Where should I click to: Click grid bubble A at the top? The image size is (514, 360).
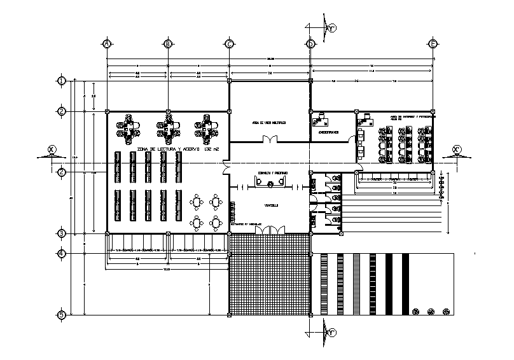[x=107, y=43]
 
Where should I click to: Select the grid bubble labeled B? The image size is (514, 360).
[x=168, y=43]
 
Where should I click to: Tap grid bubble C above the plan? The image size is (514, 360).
[x=228, y=43]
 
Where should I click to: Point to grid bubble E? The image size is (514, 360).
[x=433, y=43]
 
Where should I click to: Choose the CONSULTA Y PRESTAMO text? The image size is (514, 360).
[x=272, y=173]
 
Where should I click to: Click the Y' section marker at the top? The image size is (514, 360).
[x=331, y=27]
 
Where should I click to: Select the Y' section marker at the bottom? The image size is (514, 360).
[x=331, y=332]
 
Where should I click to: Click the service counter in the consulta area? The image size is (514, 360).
[x=270, y=183]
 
